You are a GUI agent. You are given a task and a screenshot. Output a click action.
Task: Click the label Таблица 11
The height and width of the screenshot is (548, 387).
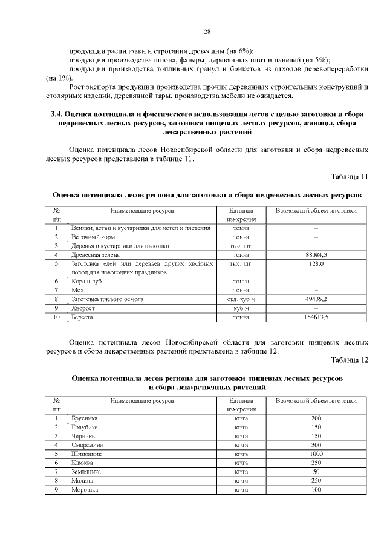(x=350, y=177)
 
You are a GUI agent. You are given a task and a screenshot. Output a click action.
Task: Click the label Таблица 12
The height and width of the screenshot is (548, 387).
(x=350, y=360)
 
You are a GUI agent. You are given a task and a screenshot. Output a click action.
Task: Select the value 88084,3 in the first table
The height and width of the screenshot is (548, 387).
(x=316, y=255)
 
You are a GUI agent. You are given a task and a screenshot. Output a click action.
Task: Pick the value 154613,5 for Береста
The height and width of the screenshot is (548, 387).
(x=316, y=317)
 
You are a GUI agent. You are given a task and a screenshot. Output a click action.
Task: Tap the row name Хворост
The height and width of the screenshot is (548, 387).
(x=83, y=308)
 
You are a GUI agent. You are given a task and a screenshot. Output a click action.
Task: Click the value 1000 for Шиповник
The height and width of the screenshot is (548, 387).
(x=316, y=454)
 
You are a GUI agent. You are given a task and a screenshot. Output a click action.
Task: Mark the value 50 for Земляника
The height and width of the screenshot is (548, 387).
(x=316, y=471)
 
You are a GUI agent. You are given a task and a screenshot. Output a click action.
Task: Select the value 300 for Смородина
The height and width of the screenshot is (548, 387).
(x=316, y=444)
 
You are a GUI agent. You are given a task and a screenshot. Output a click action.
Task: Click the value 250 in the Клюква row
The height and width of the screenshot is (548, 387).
(x=316, y=462)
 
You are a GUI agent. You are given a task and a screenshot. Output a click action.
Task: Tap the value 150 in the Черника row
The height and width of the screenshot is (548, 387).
(x=316, y=435)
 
